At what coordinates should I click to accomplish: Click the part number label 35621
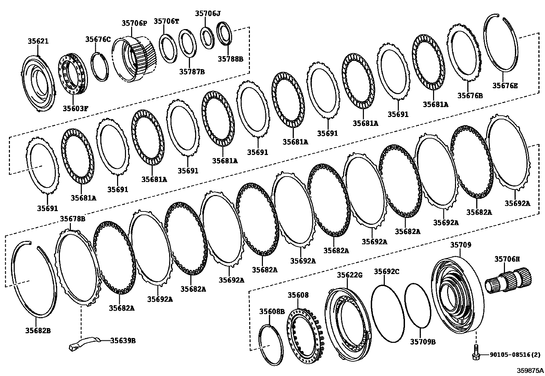38,41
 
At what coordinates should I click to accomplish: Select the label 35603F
75,108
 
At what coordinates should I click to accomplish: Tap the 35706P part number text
134,23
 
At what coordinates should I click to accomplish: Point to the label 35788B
230,59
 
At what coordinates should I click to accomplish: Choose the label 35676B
470,95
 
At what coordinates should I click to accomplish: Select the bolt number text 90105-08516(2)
511,355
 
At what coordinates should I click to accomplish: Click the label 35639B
123,341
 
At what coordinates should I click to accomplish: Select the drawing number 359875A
530,370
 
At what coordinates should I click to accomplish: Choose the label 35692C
386,272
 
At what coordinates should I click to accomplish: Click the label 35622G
350,275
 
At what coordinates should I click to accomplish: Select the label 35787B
192,72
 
